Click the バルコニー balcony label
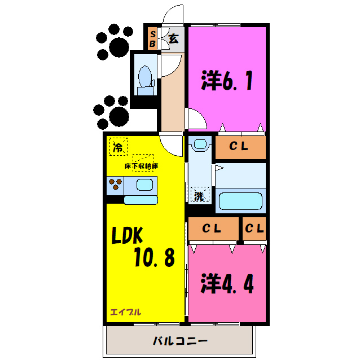coord(180,341)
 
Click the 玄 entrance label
coord(174,39)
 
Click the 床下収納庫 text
coord(142,166)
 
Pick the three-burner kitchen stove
coord(116,185)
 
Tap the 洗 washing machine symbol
coord(199,196)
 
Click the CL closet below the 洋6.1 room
coord(239,147)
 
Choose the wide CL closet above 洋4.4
coord(212,229)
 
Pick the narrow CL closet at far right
coord(254,229)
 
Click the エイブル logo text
coord(126,311)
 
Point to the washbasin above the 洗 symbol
coord(198,146)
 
